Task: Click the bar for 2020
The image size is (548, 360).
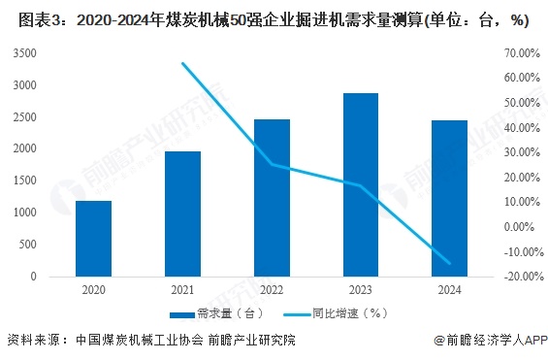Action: click(93, 238)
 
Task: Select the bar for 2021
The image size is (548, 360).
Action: click(182, 213)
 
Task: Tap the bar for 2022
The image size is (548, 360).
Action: click(272, 198)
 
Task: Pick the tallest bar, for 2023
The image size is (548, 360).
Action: click(361, 184)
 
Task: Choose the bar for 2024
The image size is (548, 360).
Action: click(450, 198)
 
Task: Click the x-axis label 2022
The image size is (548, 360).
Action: click(272, 288)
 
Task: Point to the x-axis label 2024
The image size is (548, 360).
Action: click(450, 288)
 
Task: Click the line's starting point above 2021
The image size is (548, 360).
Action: click(182, 63)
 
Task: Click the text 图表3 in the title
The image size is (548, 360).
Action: click(22, 16)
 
